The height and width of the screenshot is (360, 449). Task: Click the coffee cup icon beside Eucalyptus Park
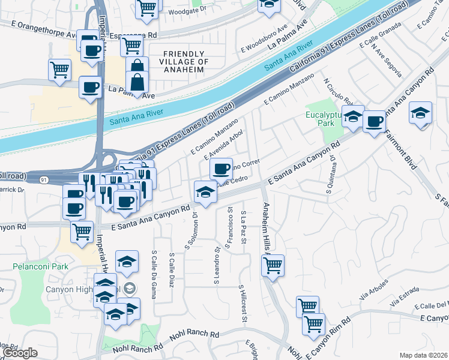374,122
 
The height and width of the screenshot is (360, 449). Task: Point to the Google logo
20,353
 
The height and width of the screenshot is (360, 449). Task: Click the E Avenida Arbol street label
223,145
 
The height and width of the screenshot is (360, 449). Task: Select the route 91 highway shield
44,179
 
